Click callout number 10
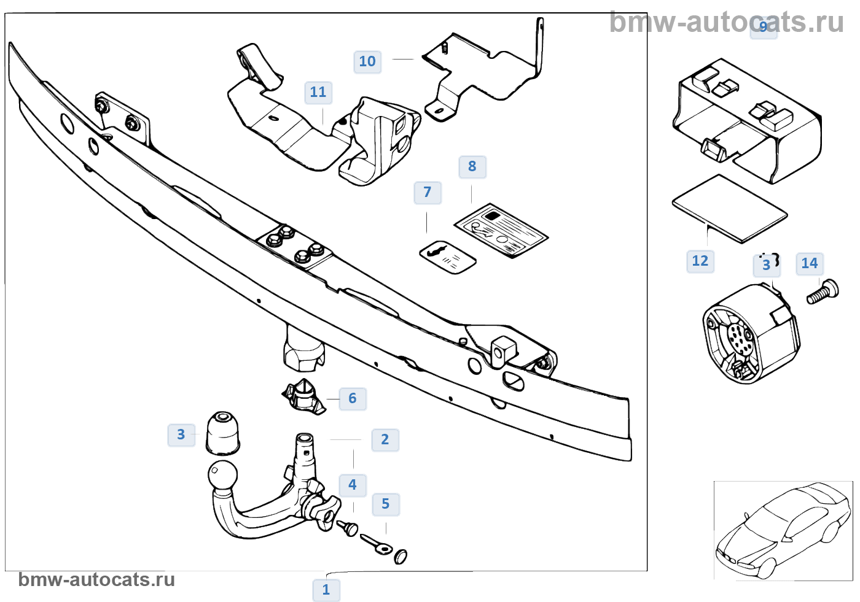[367, 61]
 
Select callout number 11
[318, 93]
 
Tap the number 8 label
[472, 166]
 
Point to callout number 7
[428, 193]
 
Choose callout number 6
[353, 398]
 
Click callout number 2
[385, 440]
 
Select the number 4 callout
[353, 485]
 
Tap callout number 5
[386, 504]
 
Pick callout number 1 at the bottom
[326, 590]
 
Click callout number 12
[700, 261]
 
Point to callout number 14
[810, 264]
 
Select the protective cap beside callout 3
[222, 433]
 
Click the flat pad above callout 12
[730, 209]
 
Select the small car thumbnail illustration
[783, 531]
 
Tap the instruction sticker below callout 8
[501, 231]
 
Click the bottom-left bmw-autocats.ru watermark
[96, 580]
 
